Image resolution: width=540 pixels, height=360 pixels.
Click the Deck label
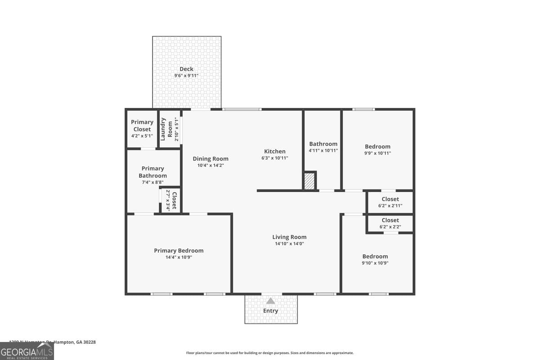186,69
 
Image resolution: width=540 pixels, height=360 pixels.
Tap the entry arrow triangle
270,301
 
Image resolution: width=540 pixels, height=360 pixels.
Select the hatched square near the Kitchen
309,181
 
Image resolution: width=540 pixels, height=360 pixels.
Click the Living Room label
289,237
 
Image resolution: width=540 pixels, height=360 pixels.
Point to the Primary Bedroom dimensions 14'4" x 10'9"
179,257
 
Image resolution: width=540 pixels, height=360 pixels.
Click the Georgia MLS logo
27,351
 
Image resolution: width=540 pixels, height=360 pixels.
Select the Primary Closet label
142,126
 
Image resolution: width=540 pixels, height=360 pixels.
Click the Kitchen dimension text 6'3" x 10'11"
274,158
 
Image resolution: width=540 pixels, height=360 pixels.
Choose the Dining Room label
210,159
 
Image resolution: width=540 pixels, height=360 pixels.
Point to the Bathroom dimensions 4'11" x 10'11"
323,151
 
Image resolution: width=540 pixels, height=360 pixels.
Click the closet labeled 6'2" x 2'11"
390,202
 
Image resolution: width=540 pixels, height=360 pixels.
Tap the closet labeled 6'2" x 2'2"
390,223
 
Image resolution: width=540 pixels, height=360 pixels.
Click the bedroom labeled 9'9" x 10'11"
378,149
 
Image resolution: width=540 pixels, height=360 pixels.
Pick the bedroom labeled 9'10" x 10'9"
375,259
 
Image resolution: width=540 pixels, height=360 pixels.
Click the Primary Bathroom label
153,172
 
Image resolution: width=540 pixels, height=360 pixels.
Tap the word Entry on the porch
270,310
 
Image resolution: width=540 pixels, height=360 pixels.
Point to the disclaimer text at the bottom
270,353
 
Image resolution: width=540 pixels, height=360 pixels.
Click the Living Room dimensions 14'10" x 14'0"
289,244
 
